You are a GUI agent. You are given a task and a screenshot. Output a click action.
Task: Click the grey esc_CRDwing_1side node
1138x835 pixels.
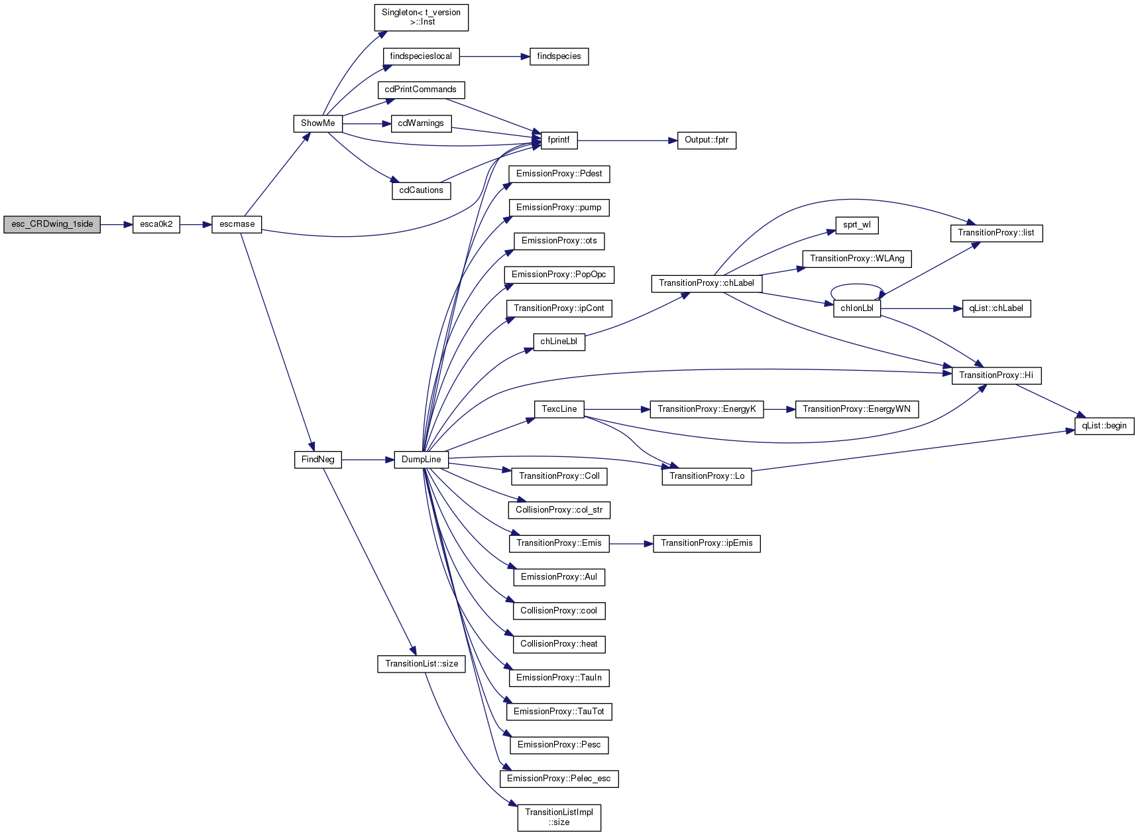(52, 224)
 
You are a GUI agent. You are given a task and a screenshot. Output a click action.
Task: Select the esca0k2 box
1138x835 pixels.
(156, 224)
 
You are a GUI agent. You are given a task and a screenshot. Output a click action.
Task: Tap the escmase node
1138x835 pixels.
(237, 224)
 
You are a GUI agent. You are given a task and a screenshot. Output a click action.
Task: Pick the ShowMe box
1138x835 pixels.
(318, 123)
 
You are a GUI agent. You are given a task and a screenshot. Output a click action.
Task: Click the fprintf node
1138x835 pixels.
(559, 140)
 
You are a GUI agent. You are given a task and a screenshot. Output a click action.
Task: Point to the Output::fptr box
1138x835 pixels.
(707, 140)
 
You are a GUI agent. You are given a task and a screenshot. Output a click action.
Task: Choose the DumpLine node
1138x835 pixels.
(422, 460)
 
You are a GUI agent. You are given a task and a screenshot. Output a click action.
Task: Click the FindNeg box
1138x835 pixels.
(318, 460)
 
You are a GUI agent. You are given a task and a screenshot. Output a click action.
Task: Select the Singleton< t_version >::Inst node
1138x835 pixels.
(422, 17)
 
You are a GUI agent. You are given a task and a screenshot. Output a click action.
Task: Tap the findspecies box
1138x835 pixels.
(559, 56)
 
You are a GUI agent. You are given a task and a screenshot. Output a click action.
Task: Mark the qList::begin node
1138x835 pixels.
(1104, 426)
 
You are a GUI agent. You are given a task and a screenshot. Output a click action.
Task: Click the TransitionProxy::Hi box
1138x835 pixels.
(996, 375)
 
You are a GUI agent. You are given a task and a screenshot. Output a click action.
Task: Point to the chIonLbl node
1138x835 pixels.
(857, 308)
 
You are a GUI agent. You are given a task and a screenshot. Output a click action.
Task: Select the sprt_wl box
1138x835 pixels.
(857, 225)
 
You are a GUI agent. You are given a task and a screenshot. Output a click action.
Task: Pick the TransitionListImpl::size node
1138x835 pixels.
(559, 817)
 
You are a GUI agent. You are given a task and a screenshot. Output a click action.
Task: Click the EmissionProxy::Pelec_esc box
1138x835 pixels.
(559, 779)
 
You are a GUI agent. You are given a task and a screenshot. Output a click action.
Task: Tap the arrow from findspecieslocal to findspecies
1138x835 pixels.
(494, 56)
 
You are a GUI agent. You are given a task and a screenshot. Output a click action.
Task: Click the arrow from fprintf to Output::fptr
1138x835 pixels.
(627, 141)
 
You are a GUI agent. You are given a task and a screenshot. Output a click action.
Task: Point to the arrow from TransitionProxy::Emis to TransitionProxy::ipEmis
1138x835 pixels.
(631, 544)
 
